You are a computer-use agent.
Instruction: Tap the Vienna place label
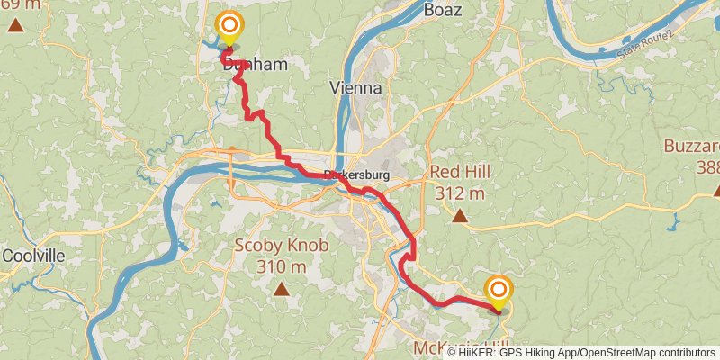coord(356,88)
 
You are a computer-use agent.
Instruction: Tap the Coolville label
coord(33,256)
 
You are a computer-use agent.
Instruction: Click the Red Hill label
coord(459,172)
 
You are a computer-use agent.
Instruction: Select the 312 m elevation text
coord(459,193)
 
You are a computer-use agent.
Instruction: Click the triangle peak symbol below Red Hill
coord(459,215)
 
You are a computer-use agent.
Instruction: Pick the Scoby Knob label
coord(282,246)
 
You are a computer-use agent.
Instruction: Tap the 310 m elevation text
coord(282,266)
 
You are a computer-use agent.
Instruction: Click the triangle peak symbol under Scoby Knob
coord(282,289)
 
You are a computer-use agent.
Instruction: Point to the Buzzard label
coord(692,147)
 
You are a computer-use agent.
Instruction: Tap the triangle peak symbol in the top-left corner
coord(15,25)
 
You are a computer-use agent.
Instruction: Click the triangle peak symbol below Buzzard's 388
coord(717,190)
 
